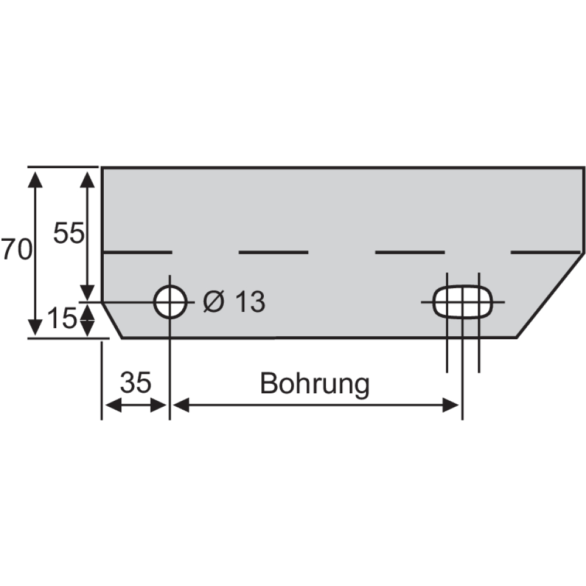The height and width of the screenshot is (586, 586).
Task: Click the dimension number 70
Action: coord(16,249)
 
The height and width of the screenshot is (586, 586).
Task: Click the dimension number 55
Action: coord(69,233)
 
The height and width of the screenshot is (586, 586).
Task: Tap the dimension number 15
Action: coord(62,318)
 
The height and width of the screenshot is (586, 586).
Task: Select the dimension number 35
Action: coord(136,382)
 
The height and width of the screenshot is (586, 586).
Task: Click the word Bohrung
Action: coord(315,384)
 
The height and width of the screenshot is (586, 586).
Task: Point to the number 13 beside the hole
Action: coord(251,301)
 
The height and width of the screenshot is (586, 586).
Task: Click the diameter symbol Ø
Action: coord(214,301)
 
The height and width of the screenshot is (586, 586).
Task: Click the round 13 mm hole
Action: coord(171,286)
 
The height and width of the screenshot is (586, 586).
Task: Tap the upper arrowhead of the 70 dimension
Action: coord(35,179)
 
